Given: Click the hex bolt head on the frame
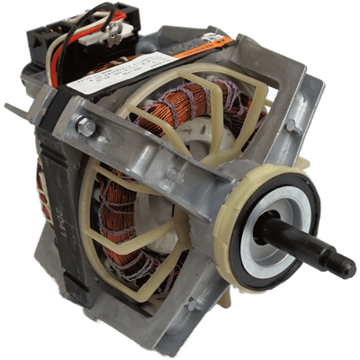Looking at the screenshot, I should (x=87, y=128).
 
